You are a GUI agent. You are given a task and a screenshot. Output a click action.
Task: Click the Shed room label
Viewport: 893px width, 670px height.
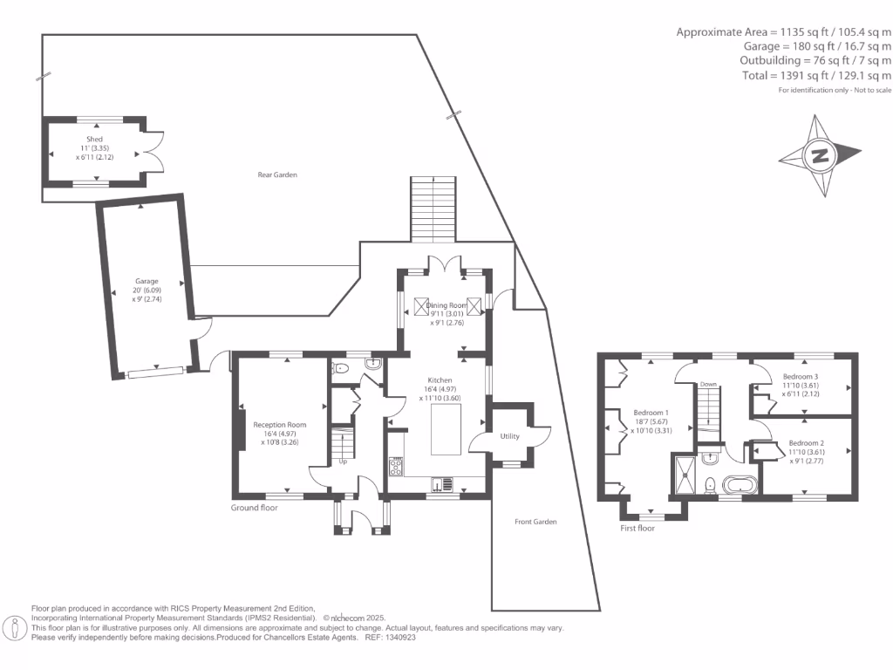[x=94, y=139]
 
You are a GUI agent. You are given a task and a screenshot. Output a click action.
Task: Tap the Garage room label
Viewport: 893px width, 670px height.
[x=147, y=281]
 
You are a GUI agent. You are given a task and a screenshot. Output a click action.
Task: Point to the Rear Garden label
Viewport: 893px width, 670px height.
[x=277, y=174]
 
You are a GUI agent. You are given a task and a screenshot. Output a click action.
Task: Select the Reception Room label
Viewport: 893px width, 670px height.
[x=280, y=425]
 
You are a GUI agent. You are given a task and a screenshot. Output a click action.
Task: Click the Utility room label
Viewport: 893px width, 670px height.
[x=509, y=436]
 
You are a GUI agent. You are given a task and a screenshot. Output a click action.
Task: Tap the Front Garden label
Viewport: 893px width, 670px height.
[x=535, y=522]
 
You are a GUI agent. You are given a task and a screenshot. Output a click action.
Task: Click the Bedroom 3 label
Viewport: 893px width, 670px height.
[x=801, y=377]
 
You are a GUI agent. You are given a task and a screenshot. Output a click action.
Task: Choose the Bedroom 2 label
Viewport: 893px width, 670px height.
[x=807, y=442]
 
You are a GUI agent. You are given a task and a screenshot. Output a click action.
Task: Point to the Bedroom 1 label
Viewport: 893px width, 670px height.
[x=651, y=413]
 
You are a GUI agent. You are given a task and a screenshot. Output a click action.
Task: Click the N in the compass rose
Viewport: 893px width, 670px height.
[x=820, y=155]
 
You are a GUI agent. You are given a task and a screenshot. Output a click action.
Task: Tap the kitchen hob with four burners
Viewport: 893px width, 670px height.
[x=396, y=468]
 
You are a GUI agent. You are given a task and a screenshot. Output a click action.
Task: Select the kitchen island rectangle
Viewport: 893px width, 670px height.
[x=446, y=429]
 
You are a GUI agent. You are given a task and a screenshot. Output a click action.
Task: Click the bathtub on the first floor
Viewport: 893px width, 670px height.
[x=740, y=486]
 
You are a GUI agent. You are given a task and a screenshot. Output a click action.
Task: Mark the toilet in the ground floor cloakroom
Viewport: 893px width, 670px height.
[x=341, y=368]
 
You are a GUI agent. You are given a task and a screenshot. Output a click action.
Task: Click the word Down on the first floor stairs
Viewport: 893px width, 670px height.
[x=708, y=385]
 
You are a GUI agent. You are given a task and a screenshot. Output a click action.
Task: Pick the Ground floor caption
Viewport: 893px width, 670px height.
[x=254, y=508]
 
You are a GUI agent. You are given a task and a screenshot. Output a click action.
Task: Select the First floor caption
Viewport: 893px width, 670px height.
[x=637, y=528]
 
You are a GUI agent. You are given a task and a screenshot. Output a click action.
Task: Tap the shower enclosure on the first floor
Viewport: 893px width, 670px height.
[x=684, y=474]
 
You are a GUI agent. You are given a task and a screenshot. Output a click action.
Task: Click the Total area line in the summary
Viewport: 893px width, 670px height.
[x=816, y=75]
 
